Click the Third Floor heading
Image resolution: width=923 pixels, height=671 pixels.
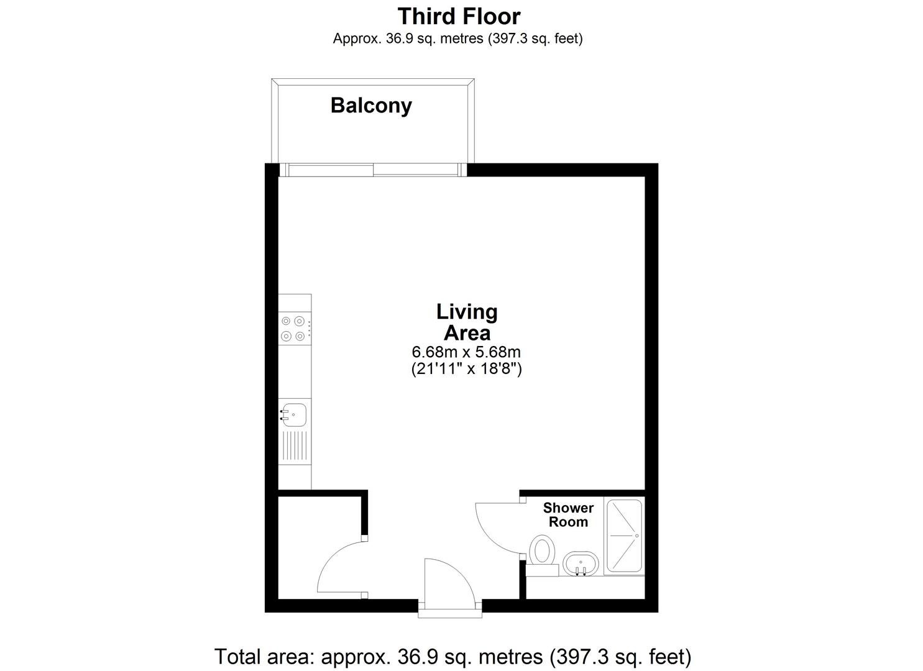[x=459, y=17]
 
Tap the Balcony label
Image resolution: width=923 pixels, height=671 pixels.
[x=371, y=106]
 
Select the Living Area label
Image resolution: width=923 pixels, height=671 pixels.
[x=467, y=322]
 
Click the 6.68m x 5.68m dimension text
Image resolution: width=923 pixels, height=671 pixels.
[x=466, y=352]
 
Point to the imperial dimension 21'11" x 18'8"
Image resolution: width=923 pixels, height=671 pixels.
[x=466, y=368]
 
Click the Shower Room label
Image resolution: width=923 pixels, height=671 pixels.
[x=568, y=515]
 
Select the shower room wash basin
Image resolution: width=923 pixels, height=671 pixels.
[x=581, y=564]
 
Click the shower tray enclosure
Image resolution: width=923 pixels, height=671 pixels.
[x=624, y=536]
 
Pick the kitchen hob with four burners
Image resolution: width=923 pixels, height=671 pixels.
[x=295, y=328]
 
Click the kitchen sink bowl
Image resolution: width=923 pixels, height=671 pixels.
[x=293, y=414]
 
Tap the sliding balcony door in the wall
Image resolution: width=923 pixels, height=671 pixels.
[x=373, y=170]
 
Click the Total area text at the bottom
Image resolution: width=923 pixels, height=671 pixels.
[x=452, y=657]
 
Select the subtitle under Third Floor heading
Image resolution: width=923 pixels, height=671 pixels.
[x=458, y=39]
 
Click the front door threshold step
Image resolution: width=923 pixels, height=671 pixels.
[x=450, y=614]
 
